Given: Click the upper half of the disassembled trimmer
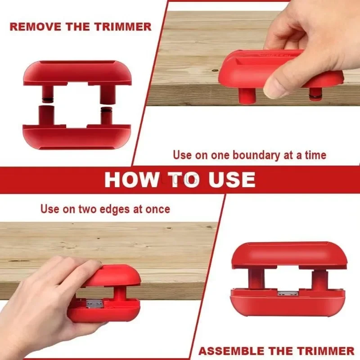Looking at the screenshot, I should [x=77, y=74].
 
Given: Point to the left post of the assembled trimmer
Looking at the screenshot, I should [x=256, y=279].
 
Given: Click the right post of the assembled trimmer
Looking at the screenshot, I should [x=318, y=280].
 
